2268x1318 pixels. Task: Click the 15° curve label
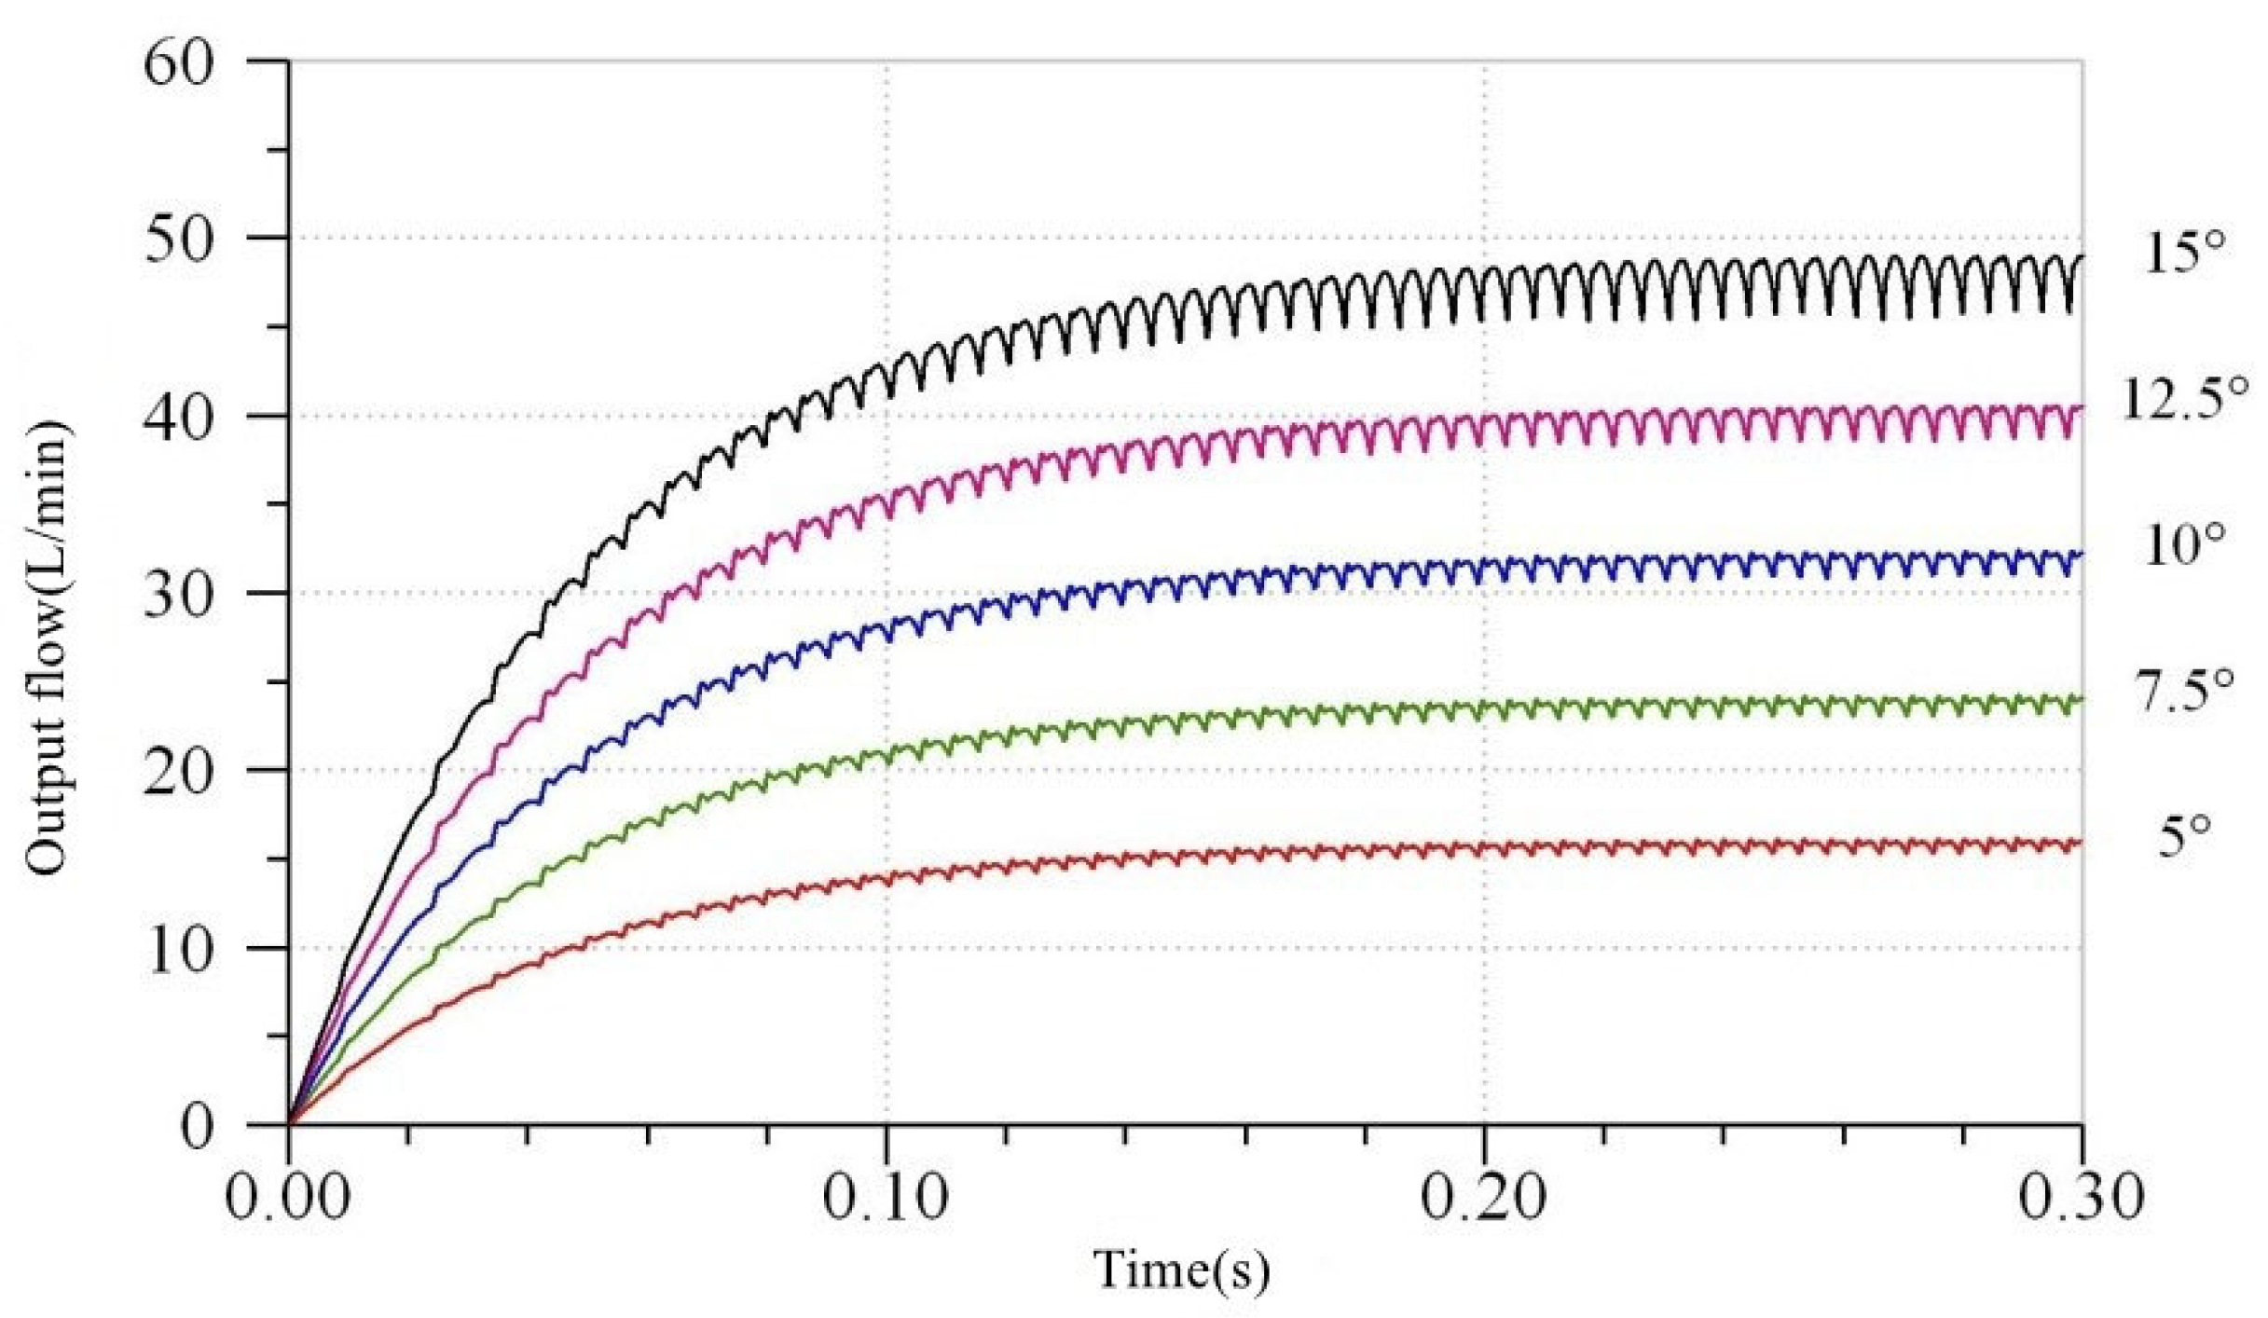coord(2183,253)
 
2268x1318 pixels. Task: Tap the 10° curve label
coord(2183,545)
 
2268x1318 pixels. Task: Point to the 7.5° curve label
coord(2183,691)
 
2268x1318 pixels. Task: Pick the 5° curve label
coord(2183,836)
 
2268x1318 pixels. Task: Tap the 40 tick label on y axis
coord(179,419)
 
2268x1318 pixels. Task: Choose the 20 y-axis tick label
coord(179,773)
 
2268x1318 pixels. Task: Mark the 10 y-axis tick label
coord(179,951)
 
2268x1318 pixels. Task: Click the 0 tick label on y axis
coord(197,1127)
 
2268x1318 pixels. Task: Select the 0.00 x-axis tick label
coord(289,1196)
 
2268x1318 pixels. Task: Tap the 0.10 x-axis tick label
coord(887,1196)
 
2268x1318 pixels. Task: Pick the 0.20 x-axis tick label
coord(1484,1196)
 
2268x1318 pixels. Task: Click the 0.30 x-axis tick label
coord(2082,1196)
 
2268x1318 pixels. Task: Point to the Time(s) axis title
coord(1181,1270)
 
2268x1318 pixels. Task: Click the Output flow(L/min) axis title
coord(47,648)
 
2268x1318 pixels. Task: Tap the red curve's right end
coord(2081,844)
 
